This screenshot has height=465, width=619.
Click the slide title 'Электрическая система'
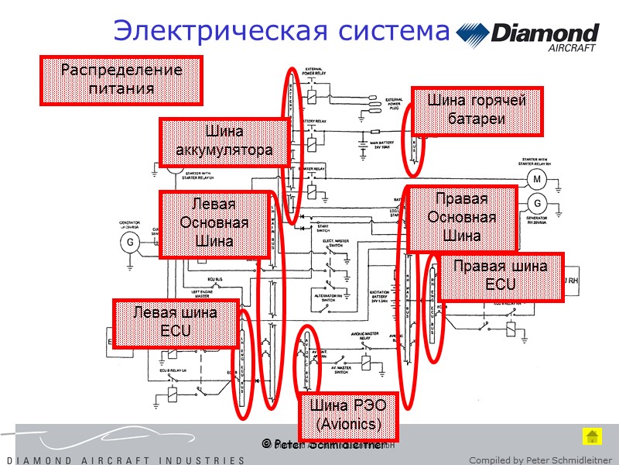point(281,31)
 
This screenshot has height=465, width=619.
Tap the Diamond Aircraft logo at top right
point(528,36)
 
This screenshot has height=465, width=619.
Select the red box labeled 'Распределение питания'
point(121,80)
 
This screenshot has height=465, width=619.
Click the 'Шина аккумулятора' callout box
point(224,141)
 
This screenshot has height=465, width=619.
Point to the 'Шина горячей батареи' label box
point(477,110)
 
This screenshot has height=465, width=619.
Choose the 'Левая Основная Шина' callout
point(214,224)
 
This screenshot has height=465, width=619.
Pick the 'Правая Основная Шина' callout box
point(462,219)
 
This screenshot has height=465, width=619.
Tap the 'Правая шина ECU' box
point(500,276)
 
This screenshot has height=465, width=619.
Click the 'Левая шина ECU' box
point(175,322)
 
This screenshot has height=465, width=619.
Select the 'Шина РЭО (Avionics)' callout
point(348,415)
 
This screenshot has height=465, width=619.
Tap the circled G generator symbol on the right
point(535,203)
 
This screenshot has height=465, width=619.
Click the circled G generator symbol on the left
point(129,243)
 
